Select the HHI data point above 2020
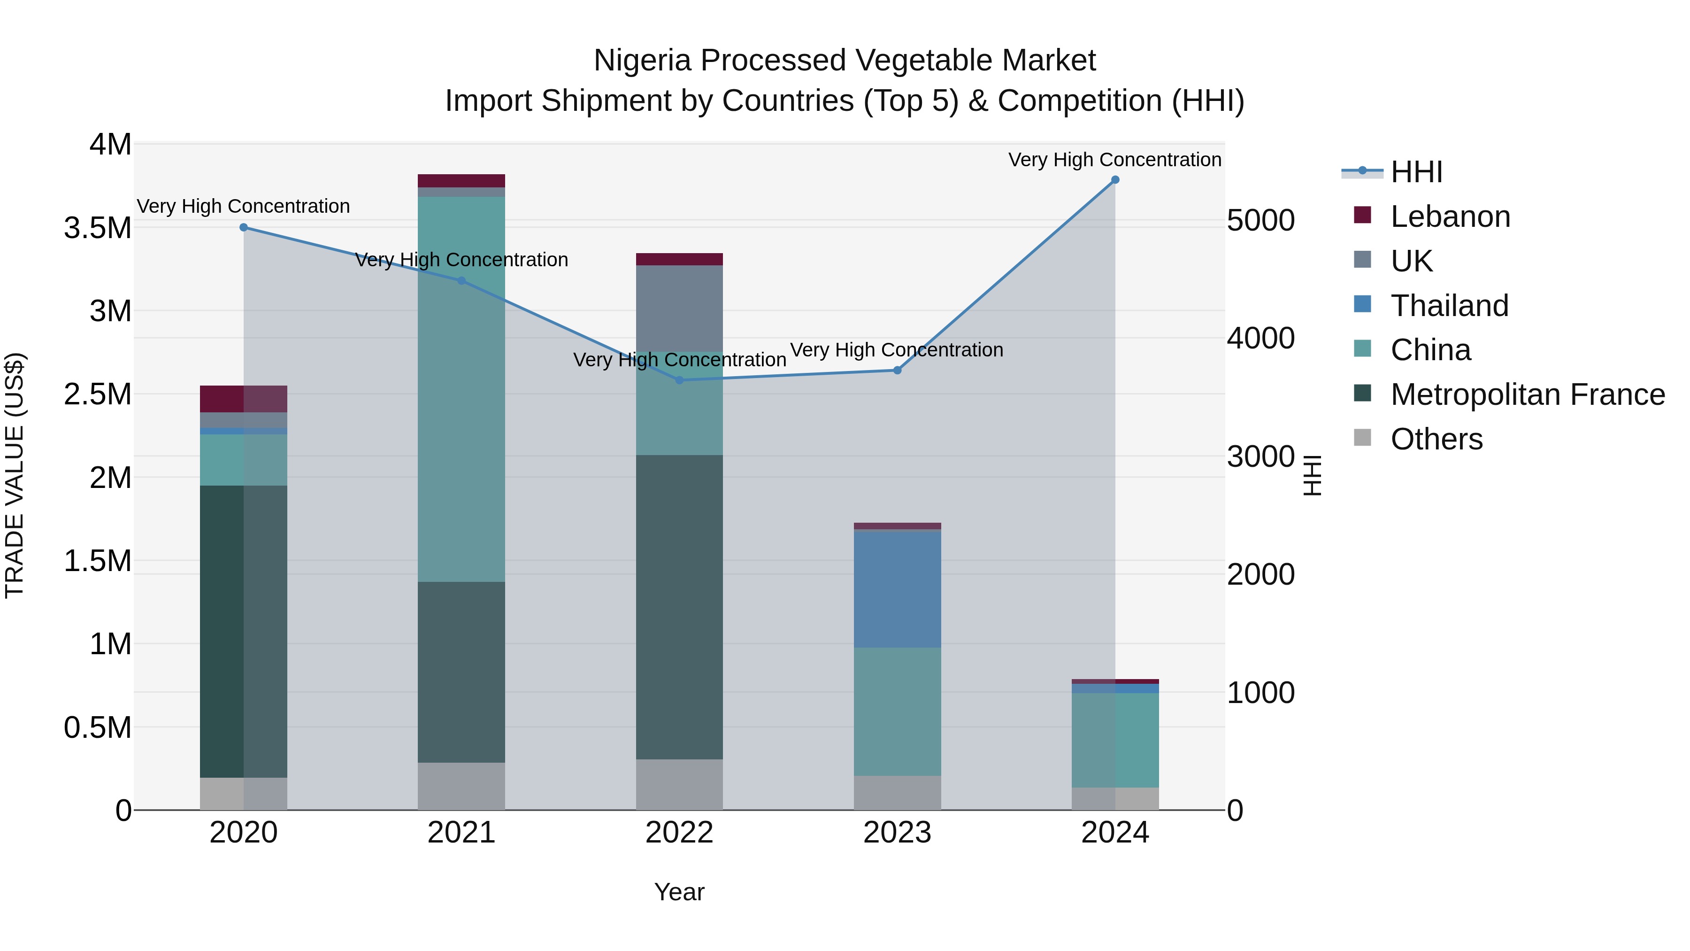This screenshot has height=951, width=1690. point(243,227)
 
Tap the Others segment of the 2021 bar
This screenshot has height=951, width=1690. point(461,786)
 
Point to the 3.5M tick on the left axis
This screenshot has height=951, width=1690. point(98,228)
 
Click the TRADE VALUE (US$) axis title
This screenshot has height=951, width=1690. point(15,475)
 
